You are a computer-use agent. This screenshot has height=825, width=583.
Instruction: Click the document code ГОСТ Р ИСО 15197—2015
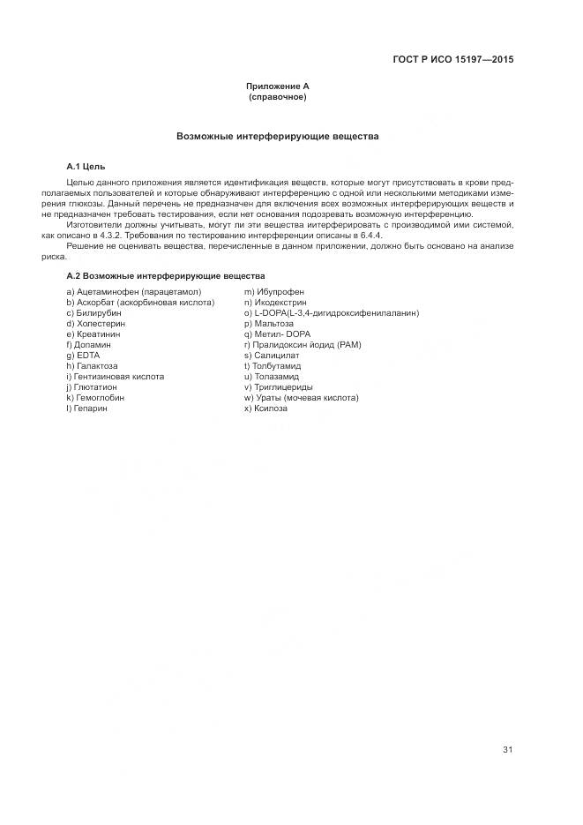click(x=452, y=59)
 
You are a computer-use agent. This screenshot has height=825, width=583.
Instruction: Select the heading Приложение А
click(x=277, y=86)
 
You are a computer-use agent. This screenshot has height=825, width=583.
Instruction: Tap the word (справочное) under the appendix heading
click(x=277, y=97)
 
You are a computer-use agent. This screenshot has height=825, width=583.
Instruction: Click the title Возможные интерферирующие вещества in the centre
click(x=277, y=138)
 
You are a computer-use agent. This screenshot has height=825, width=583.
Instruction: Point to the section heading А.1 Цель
click(x=86, y=166)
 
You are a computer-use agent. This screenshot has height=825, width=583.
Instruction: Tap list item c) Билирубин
click(x=93, y=312)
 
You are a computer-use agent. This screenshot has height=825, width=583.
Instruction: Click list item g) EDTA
click(x=83, y=355)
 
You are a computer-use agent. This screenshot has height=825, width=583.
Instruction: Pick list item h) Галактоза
click(x=92, y=365)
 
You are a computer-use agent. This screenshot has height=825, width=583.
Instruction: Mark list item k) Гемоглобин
click(x=95, y=398)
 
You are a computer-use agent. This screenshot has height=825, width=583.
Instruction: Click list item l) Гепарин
click(x=86, y=409)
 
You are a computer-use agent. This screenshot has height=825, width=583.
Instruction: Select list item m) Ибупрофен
click(x=274, y=291)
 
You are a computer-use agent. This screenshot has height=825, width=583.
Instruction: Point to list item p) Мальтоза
click(x=269, y=324)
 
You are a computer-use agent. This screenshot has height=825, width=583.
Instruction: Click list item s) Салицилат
click(x=271, y=355)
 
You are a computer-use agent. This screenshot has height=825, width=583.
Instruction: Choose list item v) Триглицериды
click(x=278, y=387)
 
